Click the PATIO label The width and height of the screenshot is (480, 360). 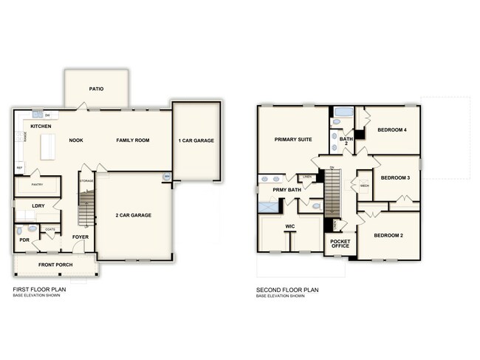coord(96,89)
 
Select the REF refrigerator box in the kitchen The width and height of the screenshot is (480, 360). coord(19,168)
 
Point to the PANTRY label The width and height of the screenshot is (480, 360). coord(37,184)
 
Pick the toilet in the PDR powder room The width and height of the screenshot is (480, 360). coord(20,230)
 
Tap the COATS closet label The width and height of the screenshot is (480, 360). coord(50,229)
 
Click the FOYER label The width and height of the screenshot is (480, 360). coord(80,237)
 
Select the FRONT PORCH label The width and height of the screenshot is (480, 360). coord(52,265)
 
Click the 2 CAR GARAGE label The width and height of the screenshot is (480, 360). coord(133,215)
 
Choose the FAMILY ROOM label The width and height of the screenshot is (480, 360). coord(133,140)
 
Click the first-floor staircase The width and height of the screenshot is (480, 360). coord(86,208)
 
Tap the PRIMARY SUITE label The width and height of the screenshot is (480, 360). coord(292,139)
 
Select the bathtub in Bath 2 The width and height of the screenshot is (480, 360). coord(342,115)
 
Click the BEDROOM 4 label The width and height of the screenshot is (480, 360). coord(392,130)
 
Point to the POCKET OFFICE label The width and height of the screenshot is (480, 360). coord(340,245)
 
